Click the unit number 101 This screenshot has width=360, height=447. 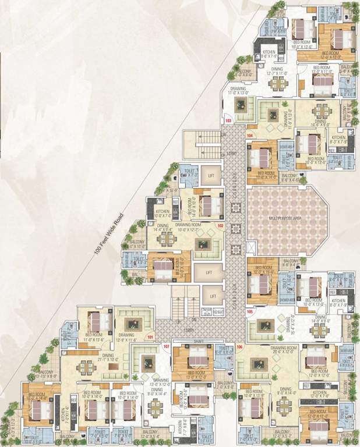point(150,337)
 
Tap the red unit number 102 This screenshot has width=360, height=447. point(221,225)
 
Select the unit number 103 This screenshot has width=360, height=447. point(228,121)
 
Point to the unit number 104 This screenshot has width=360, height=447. point(250,135)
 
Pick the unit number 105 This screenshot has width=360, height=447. point(250,311)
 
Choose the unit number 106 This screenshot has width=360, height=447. point(240,347)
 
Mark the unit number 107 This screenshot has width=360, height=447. point(167,347)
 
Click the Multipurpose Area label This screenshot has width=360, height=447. point(285,218)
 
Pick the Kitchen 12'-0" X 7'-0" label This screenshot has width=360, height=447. point(320,395)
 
